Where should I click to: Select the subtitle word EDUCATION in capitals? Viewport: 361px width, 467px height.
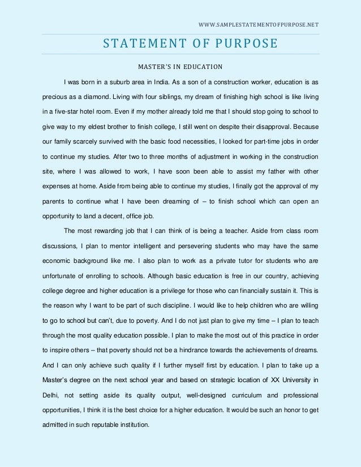(197, 66)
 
